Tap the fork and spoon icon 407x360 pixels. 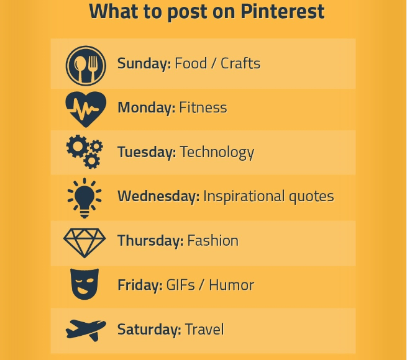point(86,65)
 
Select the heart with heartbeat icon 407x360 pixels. point(86,109)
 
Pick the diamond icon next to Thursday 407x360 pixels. point(85,241)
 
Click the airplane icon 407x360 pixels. point(86,329)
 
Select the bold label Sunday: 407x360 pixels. point(144,63)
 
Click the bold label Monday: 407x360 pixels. point(146,108)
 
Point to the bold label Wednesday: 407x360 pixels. point(158,197)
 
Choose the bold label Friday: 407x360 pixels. point(140,286)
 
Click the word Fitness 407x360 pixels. point(203,108)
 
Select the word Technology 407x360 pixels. point(217,152)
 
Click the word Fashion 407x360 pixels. point(213,241)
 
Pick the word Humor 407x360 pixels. point(232,286)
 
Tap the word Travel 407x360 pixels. point(204,330)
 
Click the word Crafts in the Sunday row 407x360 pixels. point(240,63)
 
